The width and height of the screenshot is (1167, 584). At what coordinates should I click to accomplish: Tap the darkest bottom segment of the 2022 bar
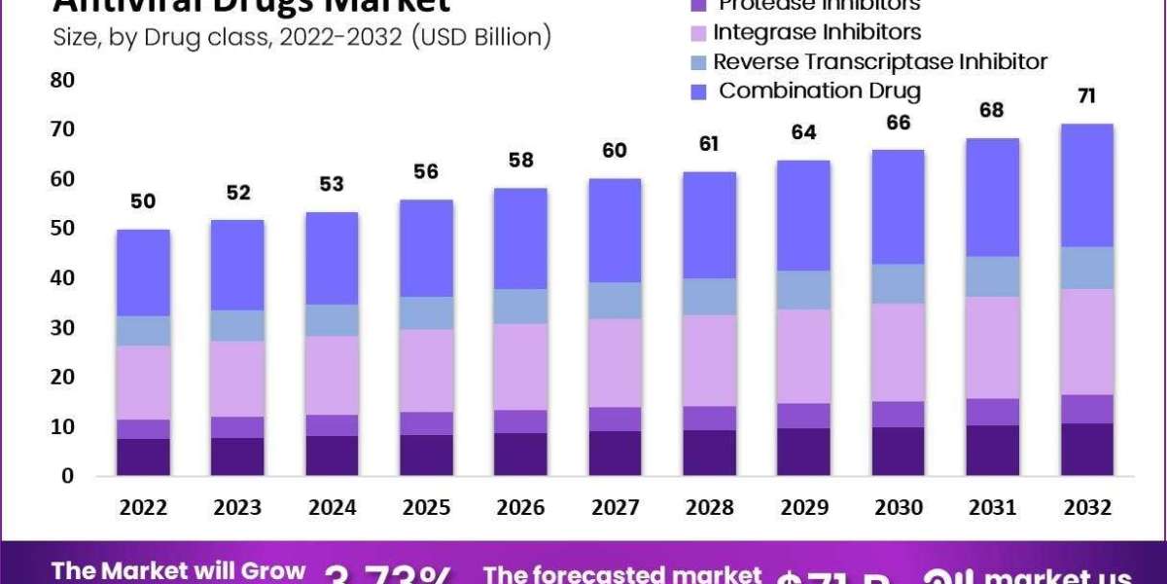coord(143,456)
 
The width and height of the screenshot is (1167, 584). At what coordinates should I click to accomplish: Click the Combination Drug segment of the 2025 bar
coord(426,248)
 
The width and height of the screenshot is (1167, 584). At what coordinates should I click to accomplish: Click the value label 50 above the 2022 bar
coord(143,201)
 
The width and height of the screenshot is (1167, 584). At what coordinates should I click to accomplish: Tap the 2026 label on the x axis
coord(520,506)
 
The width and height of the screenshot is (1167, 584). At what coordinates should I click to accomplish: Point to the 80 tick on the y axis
coord(61,80)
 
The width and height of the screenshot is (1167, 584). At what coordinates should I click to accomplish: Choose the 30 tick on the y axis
coord(61,328)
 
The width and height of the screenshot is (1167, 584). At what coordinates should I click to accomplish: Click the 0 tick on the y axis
coord(67,476)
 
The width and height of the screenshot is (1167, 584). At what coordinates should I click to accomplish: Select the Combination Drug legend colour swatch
coord(699,91)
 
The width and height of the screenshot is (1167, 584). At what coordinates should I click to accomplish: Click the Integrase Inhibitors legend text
coord(817,32)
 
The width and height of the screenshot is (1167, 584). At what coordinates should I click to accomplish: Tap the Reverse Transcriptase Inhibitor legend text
coord(880,61)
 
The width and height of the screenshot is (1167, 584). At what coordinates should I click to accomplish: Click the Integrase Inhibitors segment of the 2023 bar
coord(236,378)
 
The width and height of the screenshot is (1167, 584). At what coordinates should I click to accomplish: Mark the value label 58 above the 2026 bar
coord(520,161)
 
